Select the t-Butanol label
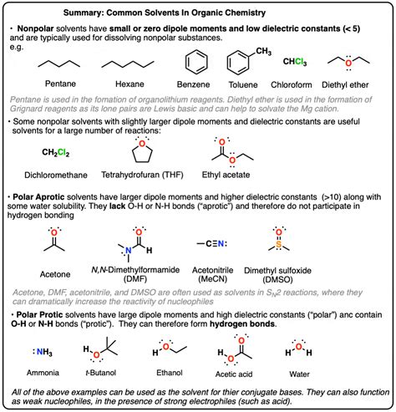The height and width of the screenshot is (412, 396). tap(103, 375)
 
